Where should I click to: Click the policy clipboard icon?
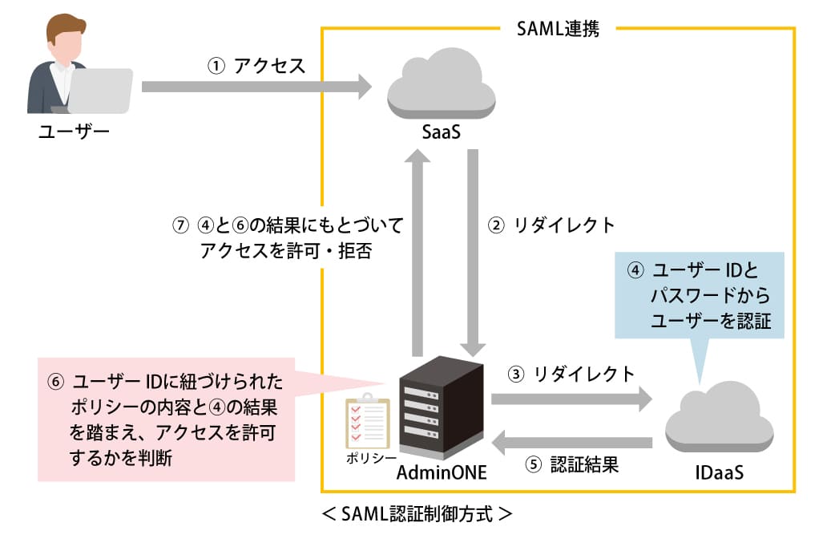pyautogui.click(x=367, y=423)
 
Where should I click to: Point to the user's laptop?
pyautogui.click(x=98, y=91)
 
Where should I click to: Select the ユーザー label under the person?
pyautogui.click(x=74, y=132)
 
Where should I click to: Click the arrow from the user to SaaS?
pyautogui.click(x=256, y=87)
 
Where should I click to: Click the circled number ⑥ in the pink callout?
pyautogui.click(x=55, y=381)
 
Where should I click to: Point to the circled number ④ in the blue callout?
pyautogui.click(x=634, y=270)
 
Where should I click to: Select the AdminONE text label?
pyautogui.click(x=442, y=472)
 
